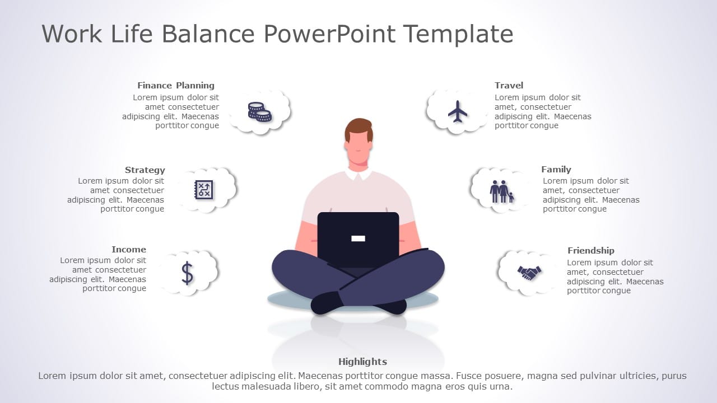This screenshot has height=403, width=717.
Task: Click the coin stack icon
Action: click(x=259, y=112)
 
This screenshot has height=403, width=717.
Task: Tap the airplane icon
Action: click(x=458, y=111)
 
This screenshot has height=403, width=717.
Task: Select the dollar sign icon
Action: click(x=187, y=273)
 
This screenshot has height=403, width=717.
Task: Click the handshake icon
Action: click(x=529, y=273)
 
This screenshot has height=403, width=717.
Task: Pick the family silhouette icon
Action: click(x=502, y=191)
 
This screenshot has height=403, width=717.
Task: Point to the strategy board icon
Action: click(x=203, y=189)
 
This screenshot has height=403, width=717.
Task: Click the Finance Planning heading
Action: click(x=176, y=86)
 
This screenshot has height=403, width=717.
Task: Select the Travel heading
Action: click(x=509, y=86)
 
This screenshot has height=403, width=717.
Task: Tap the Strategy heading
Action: click(x=145, y=170)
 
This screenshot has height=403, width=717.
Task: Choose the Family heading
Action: click(x=556, y=169)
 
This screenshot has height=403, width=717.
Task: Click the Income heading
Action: click(x=128, y=250)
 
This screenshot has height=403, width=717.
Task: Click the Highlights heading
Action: click(x=362, y=362)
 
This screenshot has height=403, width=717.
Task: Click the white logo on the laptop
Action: click(x=358, y=238)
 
